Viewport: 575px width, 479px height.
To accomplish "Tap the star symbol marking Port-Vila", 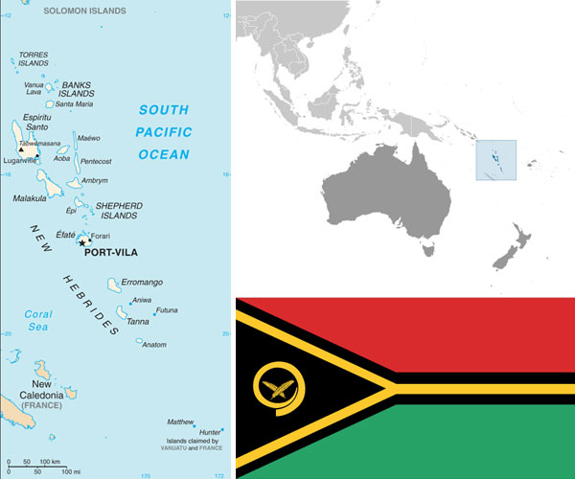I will pyautogui.click(x=82, y=242).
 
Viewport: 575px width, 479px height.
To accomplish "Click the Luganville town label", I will pyautogui.click(x=21, y=161).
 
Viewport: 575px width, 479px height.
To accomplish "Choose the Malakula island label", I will pyautogui.click(x=30, y=198).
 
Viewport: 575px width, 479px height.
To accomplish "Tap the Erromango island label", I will pyautogui.click(x=142, y=283).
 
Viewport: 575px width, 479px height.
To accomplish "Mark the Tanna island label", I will pyautogui.click(x=138, y=321).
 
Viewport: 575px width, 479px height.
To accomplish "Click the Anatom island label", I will pyautogui.click(x=153, y=345).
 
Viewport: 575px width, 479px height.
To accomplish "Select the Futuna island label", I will pyautogui.click(x=167, y=309).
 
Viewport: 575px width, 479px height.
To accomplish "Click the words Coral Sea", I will pyautogui.click(x=37, y=320).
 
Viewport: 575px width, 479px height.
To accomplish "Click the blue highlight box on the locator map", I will pyautogui.click(x=495, y=160).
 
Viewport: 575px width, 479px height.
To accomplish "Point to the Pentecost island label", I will pyautogui.click(x=96, y=161).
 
